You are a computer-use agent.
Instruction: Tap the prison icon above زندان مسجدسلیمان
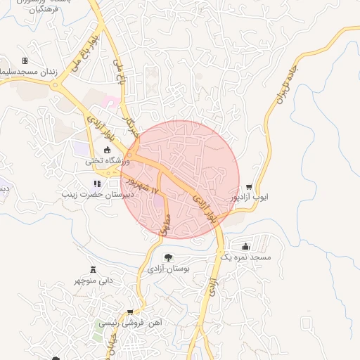click(x=25, y=61)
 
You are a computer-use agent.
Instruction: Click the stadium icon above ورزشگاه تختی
click(x=108, y=150)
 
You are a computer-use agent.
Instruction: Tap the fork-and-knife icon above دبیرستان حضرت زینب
click(x=97, y=184)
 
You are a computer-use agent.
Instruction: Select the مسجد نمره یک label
click(x=255, y=258)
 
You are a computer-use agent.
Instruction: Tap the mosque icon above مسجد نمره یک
click(x=245, y=247)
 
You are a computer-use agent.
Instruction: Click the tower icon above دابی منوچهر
click(x=93, y=269)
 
